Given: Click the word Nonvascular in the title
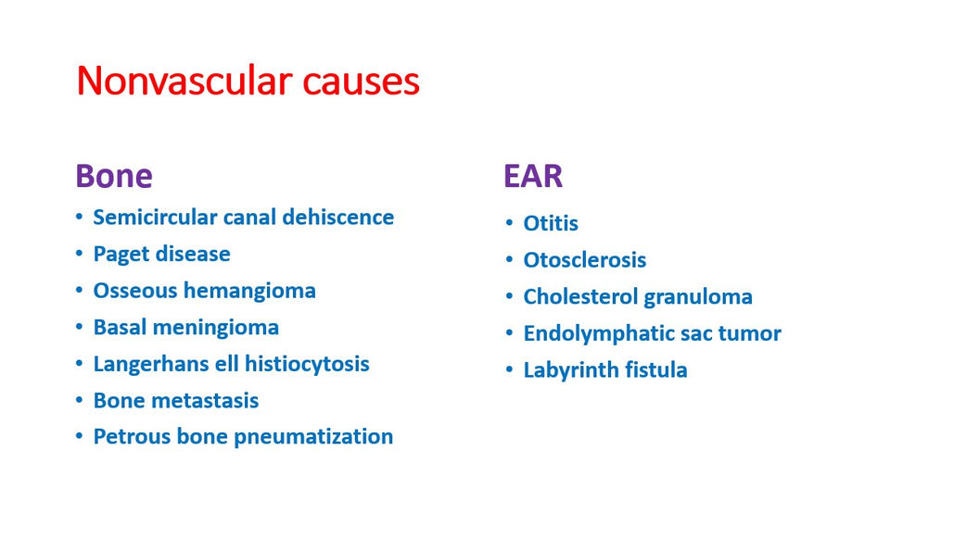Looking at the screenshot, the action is coord(184,81).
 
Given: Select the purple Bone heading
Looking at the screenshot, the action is coord(114,176).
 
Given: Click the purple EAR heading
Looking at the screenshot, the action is coord(533,176).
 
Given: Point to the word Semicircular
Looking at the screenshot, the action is coord(154,217).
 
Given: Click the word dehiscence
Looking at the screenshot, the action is coord(337,217).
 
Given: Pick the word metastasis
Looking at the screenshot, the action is coord(207,401).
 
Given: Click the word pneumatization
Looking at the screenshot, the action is coord(313,437).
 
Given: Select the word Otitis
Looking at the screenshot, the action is coord(551,223).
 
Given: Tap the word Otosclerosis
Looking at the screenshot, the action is coord(585,260).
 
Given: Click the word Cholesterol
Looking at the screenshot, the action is coord(580,297).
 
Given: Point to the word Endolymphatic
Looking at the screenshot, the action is coord(599,333).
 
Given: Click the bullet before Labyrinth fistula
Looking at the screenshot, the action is coord(510,370).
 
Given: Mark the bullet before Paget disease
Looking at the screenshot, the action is coord(80,254).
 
